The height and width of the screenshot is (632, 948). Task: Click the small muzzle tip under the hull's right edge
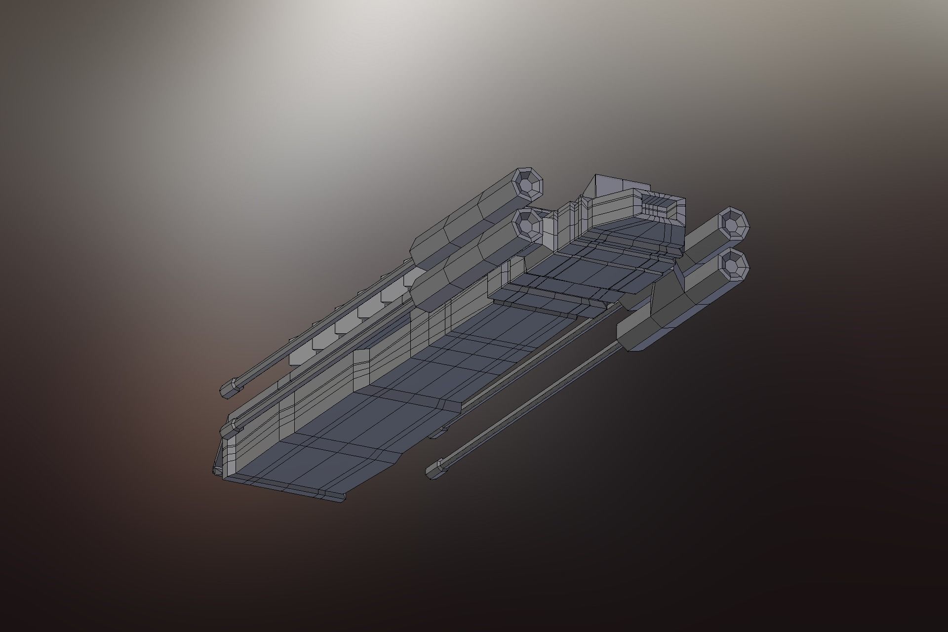click(x=437, y=434)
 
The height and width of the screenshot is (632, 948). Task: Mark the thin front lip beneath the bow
click(x=286, y=488)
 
